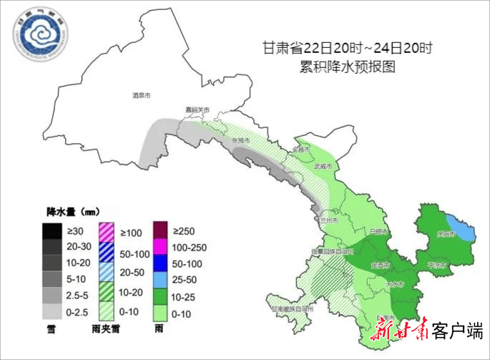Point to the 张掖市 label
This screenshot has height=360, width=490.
click(241, 141)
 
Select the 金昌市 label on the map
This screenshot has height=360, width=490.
click(300, 150)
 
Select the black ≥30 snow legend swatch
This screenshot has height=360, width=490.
click(52, 231)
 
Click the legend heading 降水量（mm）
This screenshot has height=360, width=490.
click(72, 213)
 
